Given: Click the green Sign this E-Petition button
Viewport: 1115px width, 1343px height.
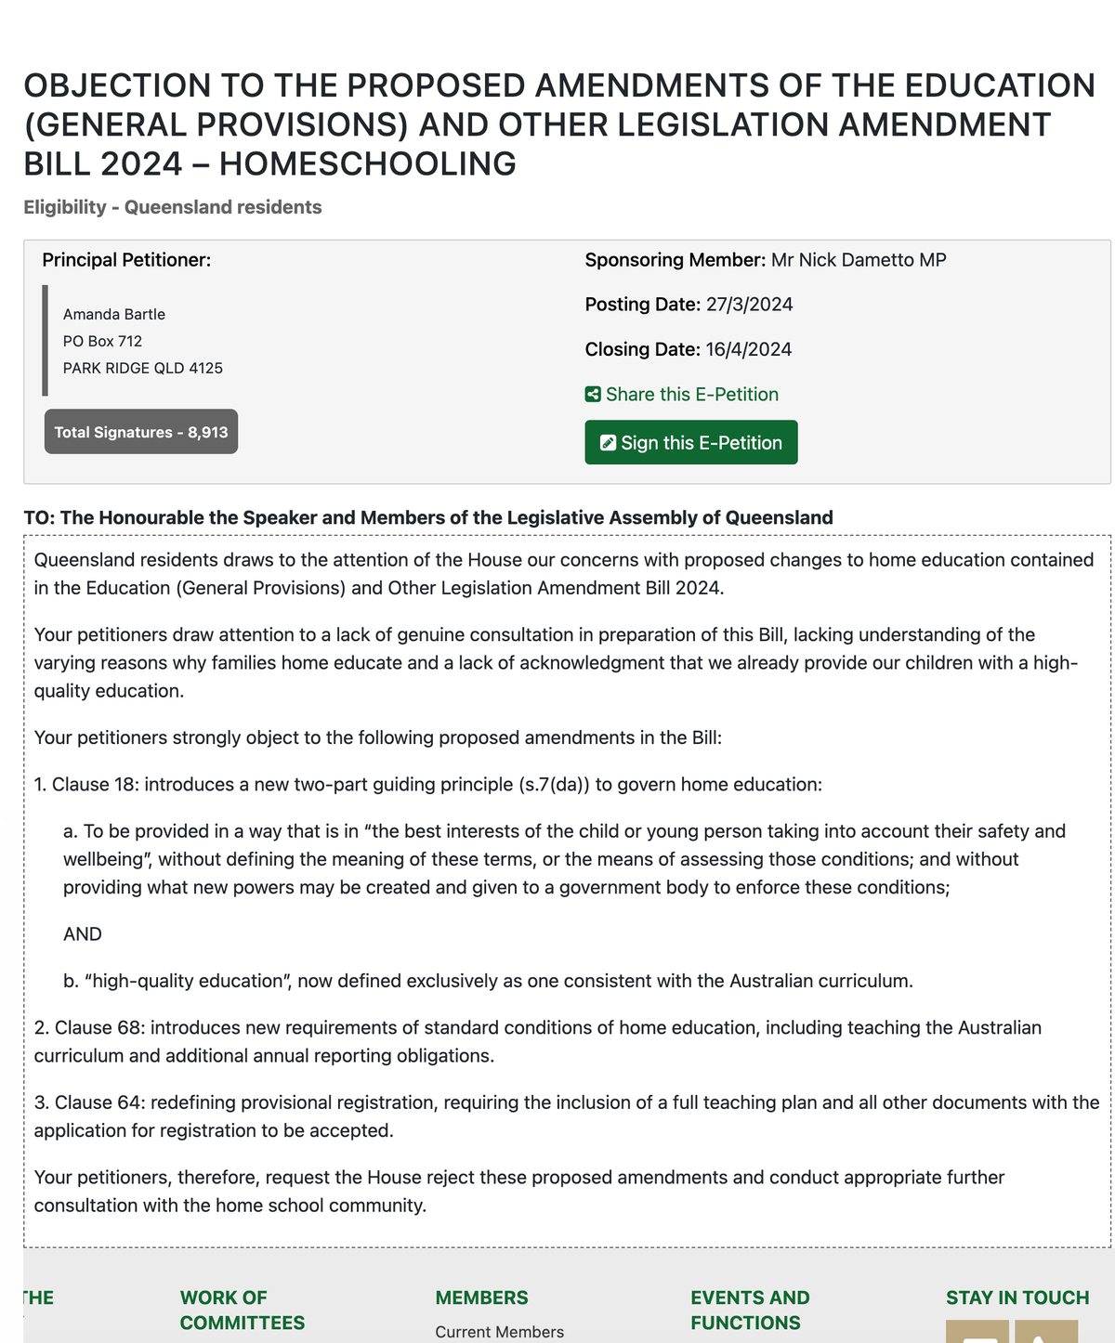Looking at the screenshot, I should coord(690,443).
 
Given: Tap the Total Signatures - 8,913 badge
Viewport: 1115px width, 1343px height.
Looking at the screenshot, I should coord(141,432).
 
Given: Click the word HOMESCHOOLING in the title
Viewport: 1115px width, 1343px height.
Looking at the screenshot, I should coord(367,164).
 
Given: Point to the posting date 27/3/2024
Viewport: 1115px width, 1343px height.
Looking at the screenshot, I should coord(749,305).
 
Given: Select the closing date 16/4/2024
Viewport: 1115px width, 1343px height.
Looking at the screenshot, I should coord(748,349).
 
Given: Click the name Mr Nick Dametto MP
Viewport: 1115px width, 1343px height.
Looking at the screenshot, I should coord(858,260).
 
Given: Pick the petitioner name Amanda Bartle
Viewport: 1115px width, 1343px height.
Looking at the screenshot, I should coord(114,315).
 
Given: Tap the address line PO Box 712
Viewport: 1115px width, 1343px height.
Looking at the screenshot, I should coord(102,341).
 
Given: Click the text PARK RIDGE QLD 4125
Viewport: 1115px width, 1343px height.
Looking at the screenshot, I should coord(143,368).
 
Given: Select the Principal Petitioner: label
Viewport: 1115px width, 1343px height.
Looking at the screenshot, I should coord(126,260).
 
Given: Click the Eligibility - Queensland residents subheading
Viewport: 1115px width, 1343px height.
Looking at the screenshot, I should coord(173,207).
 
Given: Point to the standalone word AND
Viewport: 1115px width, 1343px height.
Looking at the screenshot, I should coord(83,934).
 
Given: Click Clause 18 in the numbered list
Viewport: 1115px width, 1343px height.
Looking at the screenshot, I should coord(95,785).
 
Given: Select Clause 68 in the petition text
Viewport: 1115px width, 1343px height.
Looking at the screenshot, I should coord(98,1028).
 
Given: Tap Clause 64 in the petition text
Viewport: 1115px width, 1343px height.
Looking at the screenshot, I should coord(98,1102).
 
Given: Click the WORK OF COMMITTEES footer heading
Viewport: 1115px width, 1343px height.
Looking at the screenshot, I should coord(242,1310).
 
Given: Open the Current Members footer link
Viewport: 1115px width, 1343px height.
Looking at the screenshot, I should coord(499,1332).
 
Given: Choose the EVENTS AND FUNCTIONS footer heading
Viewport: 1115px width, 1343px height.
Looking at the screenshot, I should coord(750,1310).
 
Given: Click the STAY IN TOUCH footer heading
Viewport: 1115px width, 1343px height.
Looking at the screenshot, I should coord(1017,1297).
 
